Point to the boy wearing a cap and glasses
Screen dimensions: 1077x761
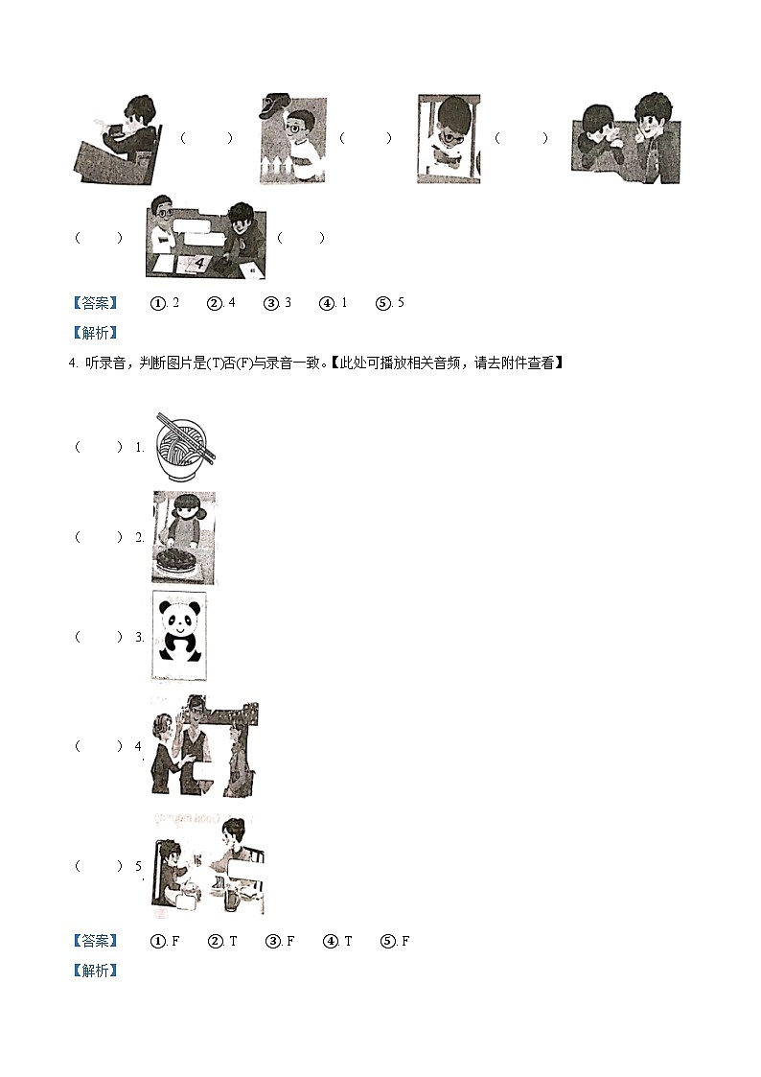291,140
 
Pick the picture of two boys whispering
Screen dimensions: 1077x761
626,139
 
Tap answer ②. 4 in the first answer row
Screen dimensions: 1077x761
221,303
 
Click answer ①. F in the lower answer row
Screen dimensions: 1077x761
166,941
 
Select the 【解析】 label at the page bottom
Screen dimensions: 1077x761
95,971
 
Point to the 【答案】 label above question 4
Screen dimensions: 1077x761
95,303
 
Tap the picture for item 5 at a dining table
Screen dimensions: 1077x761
207,865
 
